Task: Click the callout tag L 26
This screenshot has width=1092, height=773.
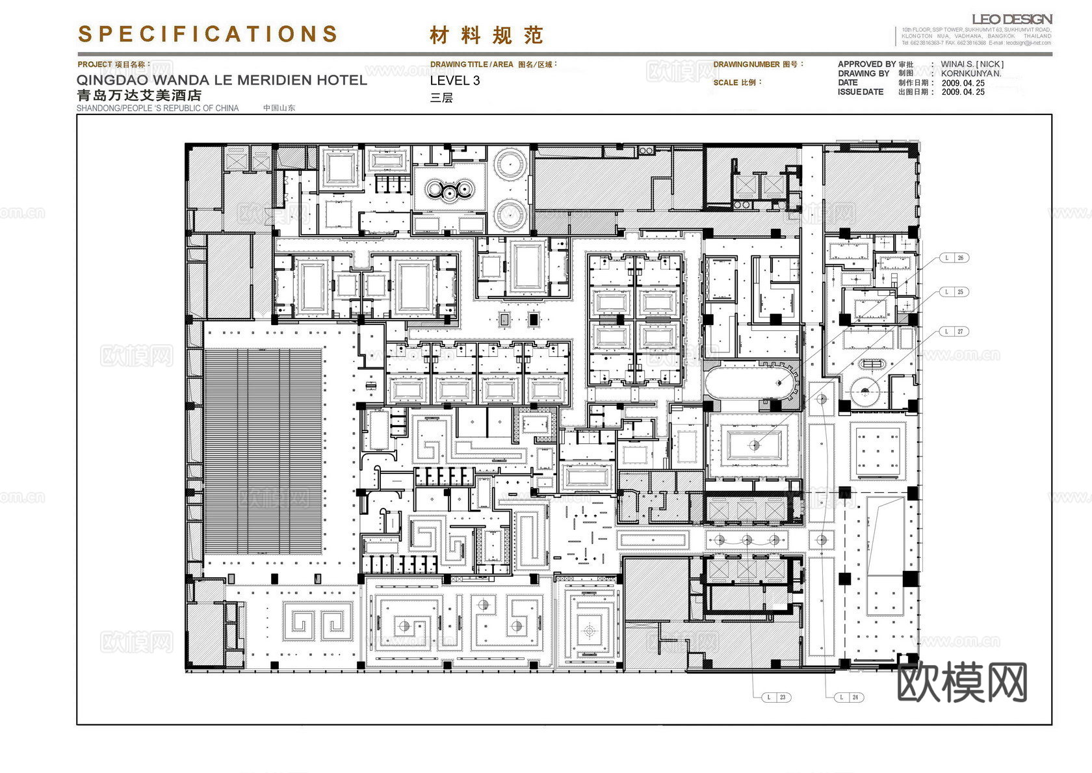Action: coord(955,258)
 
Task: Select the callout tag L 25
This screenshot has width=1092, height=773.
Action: coord(955,292)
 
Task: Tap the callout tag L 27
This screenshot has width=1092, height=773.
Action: coord(955,332)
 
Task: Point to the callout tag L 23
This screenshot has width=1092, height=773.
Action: coord(777,697)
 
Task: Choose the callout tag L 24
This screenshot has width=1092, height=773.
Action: coord(850,697)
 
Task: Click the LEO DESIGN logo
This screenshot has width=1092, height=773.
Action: coord(1011,20)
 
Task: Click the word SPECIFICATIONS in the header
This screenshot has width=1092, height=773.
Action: coord(208,34)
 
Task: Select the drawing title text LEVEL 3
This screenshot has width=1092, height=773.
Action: coord(455,81)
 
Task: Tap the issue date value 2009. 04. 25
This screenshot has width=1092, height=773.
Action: coord(963,92)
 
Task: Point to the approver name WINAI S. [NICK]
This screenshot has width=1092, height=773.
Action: coord(972,64)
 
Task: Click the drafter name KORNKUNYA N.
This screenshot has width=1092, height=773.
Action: coord(971,73)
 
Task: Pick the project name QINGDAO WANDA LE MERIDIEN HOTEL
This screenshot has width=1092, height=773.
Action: coord(222,81)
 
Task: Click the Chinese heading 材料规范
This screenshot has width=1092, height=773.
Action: coord(486,35)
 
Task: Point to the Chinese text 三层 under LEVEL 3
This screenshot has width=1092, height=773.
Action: coord(441,98)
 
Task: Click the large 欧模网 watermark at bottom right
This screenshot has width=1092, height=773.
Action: coord(961,682)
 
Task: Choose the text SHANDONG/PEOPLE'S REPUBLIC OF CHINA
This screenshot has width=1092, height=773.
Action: coord(158,108)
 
